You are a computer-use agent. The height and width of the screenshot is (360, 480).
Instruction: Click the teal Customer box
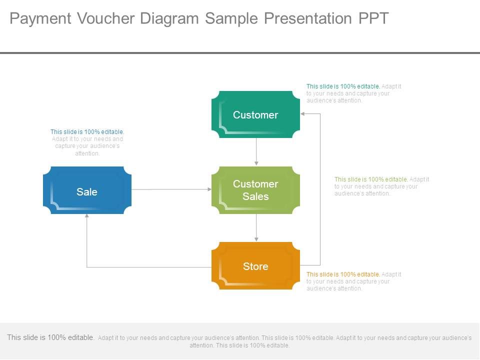click(255, 114)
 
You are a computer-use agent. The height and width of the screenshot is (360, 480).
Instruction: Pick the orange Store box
click(255, 266)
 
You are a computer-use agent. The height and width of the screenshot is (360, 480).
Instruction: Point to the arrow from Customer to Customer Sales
click(256, 151)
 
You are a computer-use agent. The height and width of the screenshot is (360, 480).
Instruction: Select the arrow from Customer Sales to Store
click(256, 227)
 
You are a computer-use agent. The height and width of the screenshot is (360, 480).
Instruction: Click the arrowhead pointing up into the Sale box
click(87, 217)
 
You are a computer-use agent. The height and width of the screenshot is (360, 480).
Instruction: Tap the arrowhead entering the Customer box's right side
click(303, 114)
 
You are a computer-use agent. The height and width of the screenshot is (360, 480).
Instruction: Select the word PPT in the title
click(373, 18)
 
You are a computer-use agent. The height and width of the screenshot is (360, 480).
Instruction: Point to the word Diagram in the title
click(171, 18)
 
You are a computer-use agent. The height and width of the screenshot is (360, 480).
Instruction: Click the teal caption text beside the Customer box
click(353, 93)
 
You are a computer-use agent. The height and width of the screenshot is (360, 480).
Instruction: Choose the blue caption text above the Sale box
click(87, 142)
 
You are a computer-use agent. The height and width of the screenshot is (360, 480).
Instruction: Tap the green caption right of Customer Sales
click(381, 186)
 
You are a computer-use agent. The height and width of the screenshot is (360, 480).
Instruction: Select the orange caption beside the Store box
click(353, 281)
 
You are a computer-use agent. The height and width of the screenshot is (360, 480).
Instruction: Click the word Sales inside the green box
click(255, 196)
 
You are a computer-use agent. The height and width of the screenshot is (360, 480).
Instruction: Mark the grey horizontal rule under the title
click(240, 52)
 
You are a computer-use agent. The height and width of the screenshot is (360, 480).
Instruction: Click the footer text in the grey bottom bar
click(240, 341)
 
